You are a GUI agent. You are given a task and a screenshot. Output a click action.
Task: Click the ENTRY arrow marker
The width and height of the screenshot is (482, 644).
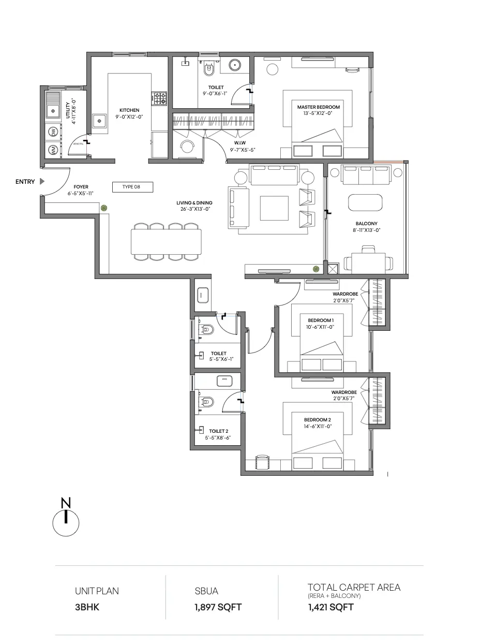pos(42,181)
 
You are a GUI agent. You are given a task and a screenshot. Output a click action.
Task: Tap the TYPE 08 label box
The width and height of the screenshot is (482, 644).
pos(132,187)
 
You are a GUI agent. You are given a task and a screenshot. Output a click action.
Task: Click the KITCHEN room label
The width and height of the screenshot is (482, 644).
pos(129,110)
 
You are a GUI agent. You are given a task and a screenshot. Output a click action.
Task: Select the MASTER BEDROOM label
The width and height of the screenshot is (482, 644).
pos(319,107)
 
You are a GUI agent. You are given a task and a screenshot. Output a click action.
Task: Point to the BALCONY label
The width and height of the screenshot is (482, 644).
pos(366,224)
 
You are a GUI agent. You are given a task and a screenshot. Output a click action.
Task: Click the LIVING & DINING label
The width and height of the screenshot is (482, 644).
pos(194,203)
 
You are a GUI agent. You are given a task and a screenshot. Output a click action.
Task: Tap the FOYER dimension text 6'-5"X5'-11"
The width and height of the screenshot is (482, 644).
pos(80,193)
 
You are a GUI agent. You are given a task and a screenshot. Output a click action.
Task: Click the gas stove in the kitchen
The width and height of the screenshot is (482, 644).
pos(159,98)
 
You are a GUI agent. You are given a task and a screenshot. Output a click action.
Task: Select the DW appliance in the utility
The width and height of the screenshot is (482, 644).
pos(53,131)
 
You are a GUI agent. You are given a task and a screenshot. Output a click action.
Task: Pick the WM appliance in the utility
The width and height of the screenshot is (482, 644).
pos(53,149)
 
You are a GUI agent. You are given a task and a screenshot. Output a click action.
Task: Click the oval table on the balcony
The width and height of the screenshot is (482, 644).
pos(365,202)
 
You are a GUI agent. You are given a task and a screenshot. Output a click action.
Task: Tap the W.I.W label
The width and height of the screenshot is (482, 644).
pos(239,143)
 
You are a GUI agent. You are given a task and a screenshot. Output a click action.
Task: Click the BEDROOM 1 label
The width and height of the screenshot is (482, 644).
pos(321,320)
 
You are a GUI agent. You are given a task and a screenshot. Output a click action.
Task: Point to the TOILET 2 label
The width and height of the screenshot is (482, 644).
pos(219,431)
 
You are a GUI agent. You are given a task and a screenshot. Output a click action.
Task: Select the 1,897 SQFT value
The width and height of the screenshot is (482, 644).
pos(218,607)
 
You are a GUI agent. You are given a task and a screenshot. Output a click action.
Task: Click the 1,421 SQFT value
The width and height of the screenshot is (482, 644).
pos(331,607)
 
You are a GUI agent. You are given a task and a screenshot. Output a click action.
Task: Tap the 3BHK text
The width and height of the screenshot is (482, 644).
pos(87,607)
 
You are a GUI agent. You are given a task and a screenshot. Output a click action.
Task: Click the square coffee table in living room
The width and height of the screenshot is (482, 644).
pos(274,208)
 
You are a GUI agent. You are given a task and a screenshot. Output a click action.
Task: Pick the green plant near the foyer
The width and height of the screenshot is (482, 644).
pos(104,208)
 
